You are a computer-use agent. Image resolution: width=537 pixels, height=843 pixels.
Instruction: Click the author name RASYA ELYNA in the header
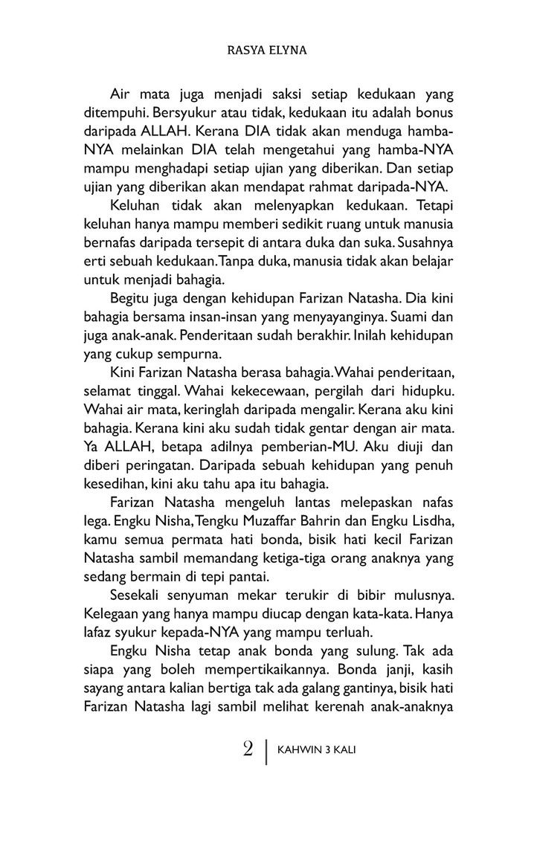[x=268, y=53]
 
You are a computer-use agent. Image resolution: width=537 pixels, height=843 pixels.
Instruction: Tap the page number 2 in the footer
[x=248, y=748]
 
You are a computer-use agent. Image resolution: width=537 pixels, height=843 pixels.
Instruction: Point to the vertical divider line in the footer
[x=266, y=749]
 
